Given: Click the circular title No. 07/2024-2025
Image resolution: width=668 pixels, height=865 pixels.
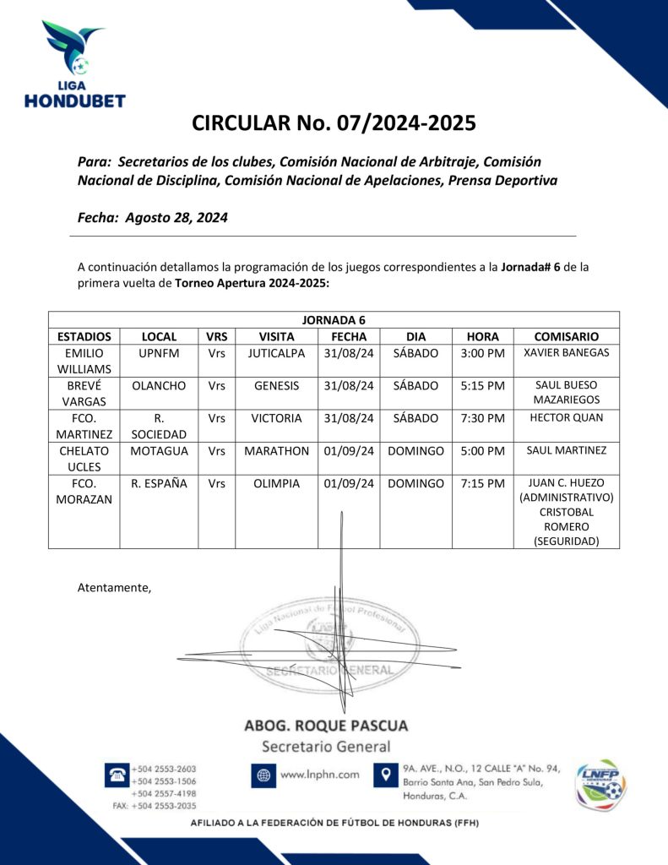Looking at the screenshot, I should click(x=334, y=123).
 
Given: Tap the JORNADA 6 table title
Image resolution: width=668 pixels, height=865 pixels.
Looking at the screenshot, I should click(x=334, y=319).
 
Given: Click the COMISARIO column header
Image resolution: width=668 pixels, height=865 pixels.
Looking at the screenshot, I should click(x=566, y=335).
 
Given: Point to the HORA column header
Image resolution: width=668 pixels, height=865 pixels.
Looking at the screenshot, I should click(x=482, y=335).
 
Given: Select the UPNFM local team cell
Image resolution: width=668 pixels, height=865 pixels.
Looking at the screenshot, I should click(x=159, y=353).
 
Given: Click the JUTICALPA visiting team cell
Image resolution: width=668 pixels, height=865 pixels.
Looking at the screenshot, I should click(x=276, y=353).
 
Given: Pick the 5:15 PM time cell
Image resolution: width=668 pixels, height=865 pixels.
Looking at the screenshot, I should click(x=482, y=385).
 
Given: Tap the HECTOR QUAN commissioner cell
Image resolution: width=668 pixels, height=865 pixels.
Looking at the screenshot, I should click(x=566, y=417).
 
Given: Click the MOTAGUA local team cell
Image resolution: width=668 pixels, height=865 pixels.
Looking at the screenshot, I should click(x=159, y=450).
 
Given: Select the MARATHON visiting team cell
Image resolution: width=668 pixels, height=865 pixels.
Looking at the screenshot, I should click(x=276, y=450).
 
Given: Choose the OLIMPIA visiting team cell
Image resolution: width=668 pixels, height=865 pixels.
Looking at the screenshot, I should click(x=276, y=483).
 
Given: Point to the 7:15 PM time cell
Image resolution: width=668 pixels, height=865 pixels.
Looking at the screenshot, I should click(x=482, y=483).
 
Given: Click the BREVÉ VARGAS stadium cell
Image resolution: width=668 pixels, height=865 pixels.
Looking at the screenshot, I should click(x=84, y=393).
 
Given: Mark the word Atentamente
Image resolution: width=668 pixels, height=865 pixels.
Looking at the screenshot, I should click(x=114, y=587).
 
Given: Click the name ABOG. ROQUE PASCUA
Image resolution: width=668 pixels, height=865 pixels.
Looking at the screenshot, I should click(x=325, y=726).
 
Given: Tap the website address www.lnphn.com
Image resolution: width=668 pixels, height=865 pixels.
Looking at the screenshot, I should click(x=319, y=774).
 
